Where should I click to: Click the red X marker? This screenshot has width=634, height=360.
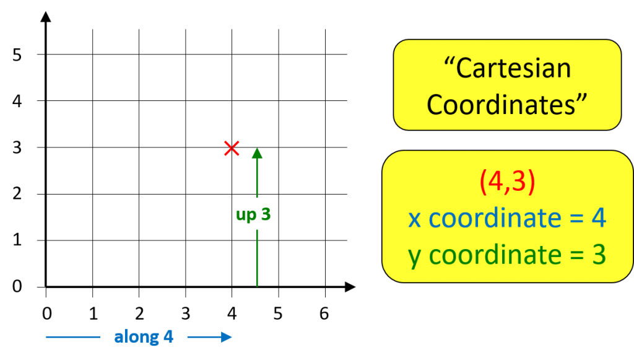click(232, 148)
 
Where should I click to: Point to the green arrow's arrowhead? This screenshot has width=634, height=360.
click(257, 153)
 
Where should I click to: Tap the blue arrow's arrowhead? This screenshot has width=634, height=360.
click(227, 337)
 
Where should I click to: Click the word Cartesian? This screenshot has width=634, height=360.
click(513, 68)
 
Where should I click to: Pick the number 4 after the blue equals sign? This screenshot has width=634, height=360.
click(598, 218)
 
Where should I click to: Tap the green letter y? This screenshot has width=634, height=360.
click(415, 257)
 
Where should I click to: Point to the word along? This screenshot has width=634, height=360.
click(136, 337)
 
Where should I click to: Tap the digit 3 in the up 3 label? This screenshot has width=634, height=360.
click(266, 214)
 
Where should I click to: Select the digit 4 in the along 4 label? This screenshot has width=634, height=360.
click(168, 337)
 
